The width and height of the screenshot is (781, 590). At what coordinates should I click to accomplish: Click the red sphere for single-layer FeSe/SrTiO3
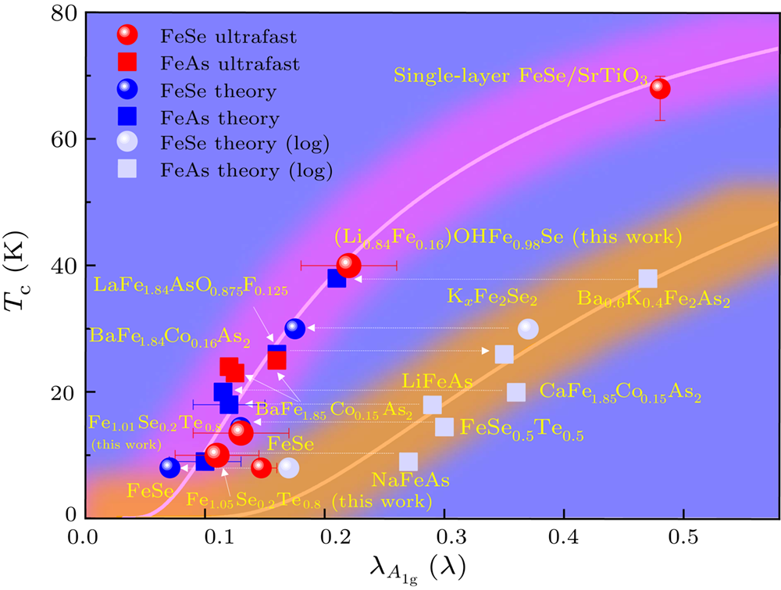coord(660,88)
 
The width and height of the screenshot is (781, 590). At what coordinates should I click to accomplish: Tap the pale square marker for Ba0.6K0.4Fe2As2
coord(647,279)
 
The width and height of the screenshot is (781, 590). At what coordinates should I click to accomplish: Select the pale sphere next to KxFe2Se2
coord(529,329)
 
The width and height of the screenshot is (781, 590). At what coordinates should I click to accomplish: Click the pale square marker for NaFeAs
coord(408,462)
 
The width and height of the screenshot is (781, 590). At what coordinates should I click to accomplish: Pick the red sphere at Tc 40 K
coord(348,266)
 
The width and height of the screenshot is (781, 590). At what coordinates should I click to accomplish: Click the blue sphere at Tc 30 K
coord(294,329)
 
